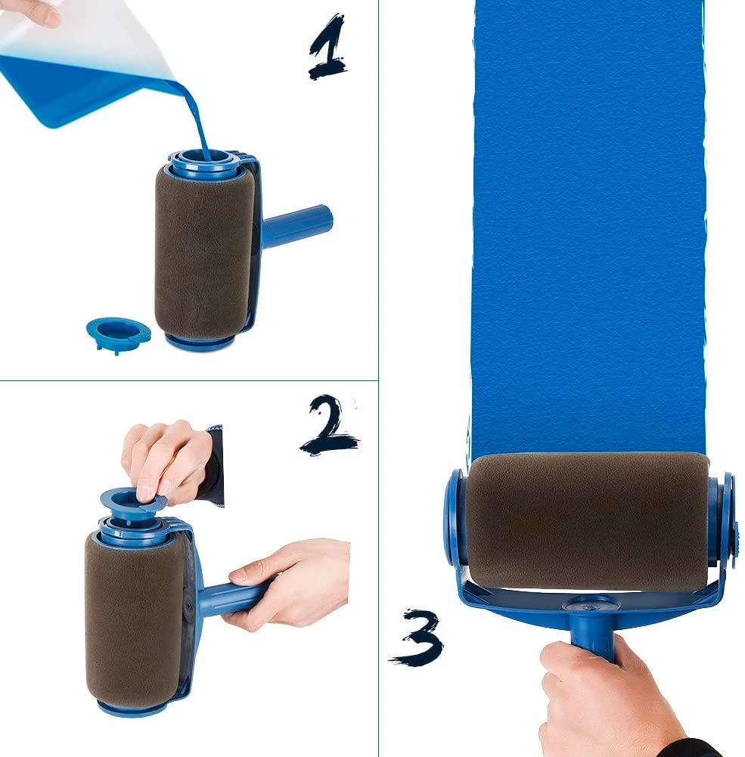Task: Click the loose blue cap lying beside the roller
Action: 118,332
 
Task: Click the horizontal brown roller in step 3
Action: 587,522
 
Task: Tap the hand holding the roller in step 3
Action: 598,700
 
